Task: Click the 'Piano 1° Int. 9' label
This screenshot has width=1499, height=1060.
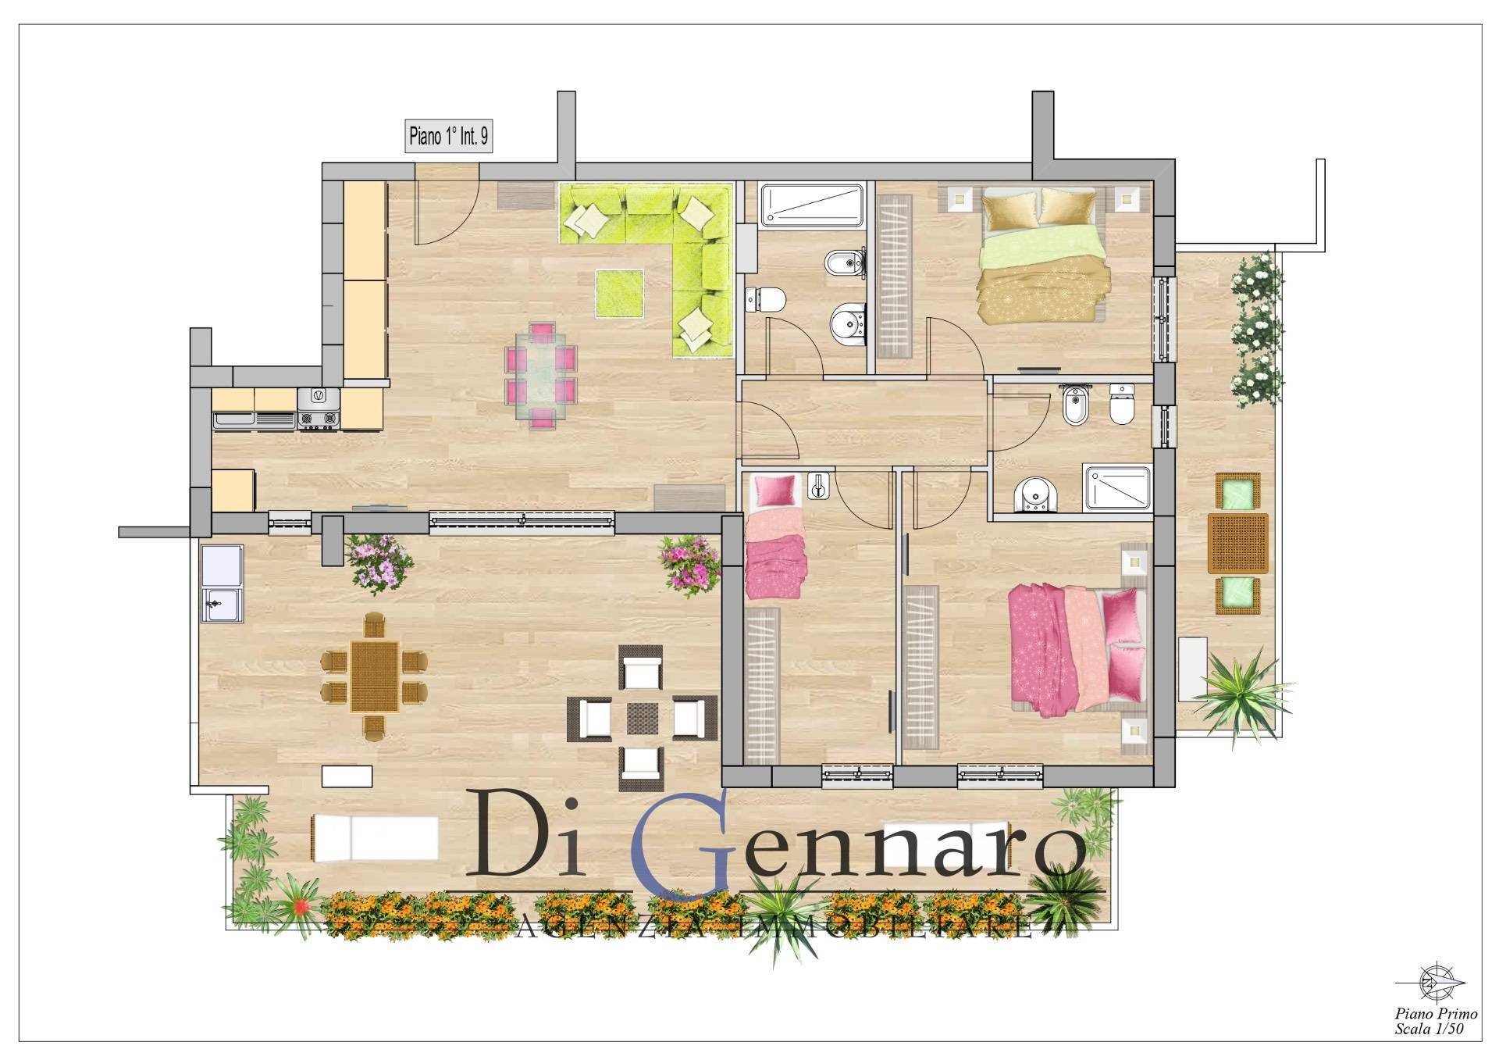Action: pyautogui.click(x=449, y=137)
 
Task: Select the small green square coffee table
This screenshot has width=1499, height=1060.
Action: pyautogui.click(x=620, y=293)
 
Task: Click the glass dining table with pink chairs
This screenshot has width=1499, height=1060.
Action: pyautogui.click(x=542, y=375)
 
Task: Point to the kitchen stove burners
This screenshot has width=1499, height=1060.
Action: pyautogui.click(x=319, y=420)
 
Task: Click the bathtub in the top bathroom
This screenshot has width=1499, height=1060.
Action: pyautogui.click(x=813, y=205)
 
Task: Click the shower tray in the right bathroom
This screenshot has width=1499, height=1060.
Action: pyautogui.click(x=1117, y=489)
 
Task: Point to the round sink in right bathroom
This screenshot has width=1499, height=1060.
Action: pyautogui.click(x=1034, y=495)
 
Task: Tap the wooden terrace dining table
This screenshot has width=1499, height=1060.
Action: pyautogui.click(x=375, y=676)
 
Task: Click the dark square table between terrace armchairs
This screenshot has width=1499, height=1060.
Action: pyautogui.click(x=643, y=718)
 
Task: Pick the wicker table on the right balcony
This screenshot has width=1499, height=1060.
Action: pyautogui.click(x=1237, y=543)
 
